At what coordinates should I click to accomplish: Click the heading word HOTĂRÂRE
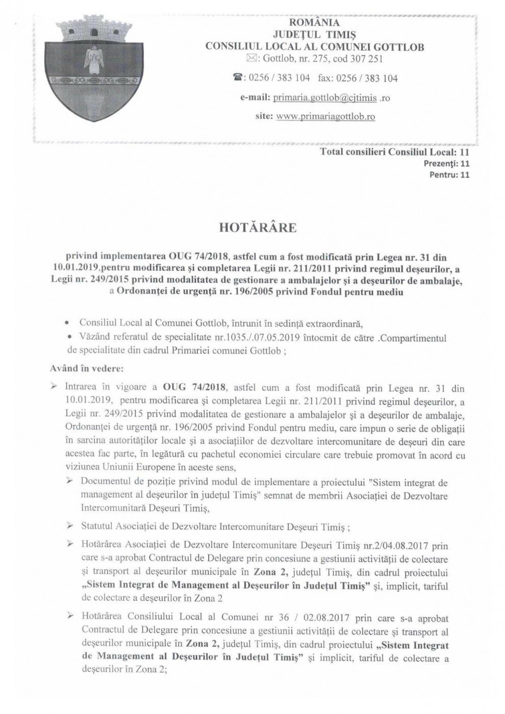tap(257, 228)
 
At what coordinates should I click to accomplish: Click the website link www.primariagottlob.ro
tap(325, 116)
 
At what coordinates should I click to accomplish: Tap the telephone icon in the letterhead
tap(238, 78)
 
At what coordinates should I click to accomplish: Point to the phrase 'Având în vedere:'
tap(83, 368)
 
